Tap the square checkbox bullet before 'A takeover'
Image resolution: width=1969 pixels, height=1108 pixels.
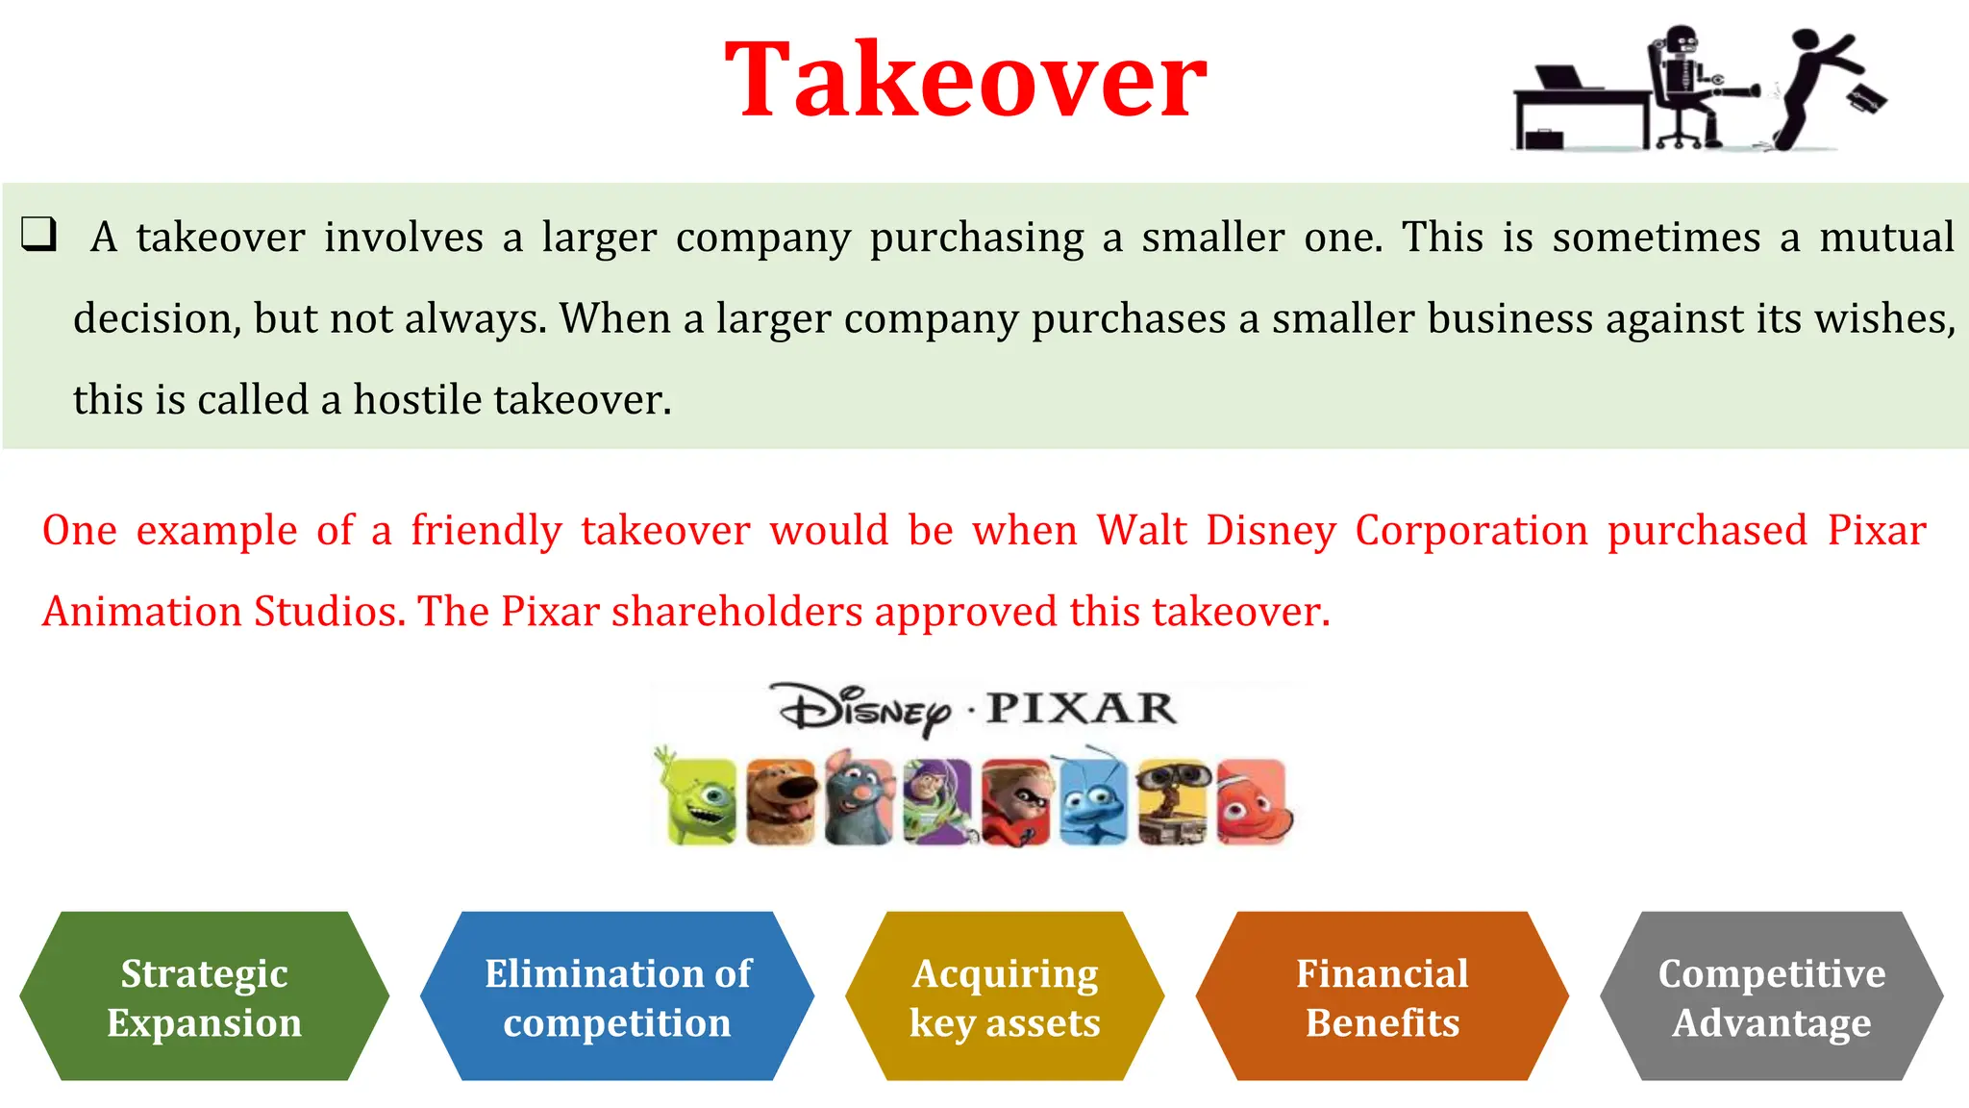pyautogui.click(x=39, y=234)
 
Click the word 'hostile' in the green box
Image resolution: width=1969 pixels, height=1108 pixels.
pyautogui.click(x=417, y=399)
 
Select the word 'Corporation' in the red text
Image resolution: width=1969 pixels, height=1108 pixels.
pyautogui.click(x=1471, y=530)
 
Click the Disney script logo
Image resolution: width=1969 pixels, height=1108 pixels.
pyautogui.click(x=862, y=711)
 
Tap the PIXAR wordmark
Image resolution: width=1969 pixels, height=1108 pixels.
pyautogui.click(x=1081, y=709)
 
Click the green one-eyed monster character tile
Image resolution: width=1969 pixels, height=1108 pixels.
pyautogui.click(x=702, y=801)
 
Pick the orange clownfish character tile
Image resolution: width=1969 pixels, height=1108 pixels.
pyautogui.click(x=1252, y=801)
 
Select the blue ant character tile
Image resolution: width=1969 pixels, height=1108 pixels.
pyautogui.click(x=1093, y=801)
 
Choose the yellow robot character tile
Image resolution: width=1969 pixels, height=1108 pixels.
pyautogui.click(x=1173, y=801)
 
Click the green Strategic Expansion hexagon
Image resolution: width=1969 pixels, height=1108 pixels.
pyautogui.click(x=204, y=996)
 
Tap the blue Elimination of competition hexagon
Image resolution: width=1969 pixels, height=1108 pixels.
pyautogui.click(x=617, y=996)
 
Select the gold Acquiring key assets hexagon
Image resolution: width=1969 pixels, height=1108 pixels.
pyautogui.click(x=1005, y=996)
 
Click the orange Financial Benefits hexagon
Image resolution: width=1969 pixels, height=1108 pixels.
pyautogui.click(x=1382, y=996)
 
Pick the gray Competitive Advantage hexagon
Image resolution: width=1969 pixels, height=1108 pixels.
pyautogui.click(x=1771, y=996)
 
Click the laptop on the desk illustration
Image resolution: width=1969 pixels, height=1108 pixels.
pyautogui.click(x=1562, y=78)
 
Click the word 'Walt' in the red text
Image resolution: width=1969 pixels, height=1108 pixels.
pyautogui.click(x=1141, y=530)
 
